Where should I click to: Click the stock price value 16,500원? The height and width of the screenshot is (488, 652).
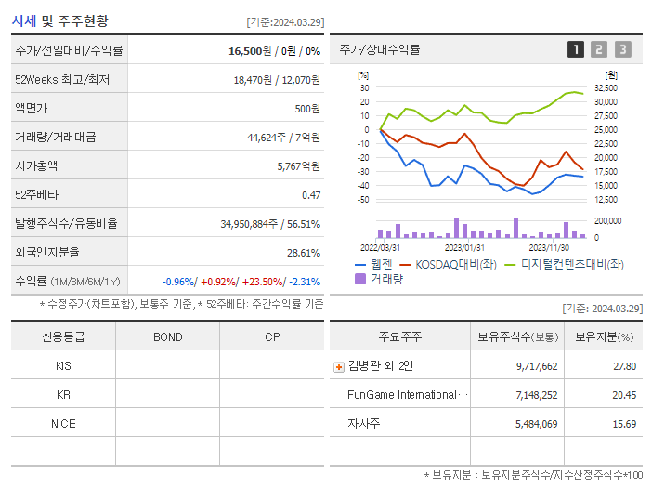248,51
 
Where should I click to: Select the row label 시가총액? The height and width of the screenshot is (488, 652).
36,165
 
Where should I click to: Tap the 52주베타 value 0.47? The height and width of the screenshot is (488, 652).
310,194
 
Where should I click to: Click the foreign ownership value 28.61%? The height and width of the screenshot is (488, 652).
304,252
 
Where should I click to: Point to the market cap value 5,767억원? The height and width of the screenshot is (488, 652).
298,165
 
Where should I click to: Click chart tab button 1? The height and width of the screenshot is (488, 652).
576,49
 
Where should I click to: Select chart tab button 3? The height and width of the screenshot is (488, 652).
622,49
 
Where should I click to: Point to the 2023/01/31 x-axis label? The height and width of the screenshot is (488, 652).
464,247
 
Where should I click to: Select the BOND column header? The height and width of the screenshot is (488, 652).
167,336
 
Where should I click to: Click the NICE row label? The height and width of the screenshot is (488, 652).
63,423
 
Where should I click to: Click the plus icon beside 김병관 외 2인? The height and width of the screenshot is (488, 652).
338,366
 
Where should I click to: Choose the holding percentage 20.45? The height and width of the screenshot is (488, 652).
624,395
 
